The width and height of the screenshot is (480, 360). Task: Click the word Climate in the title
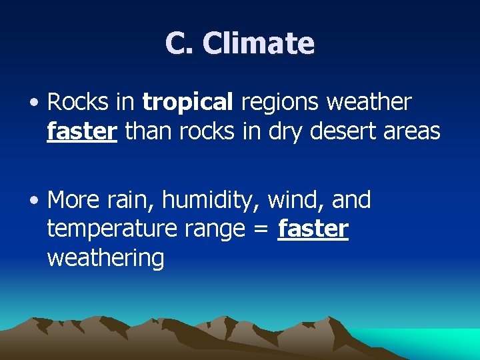pyautogui.click(x=258, y=43)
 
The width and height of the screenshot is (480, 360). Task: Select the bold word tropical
pyautogui.click(x=187, y=102)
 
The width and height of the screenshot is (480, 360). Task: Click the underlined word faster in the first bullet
pyautogui.click(x=82, y=131)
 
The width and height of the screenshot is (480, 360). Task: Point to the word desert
pyautogui.click(x=345, y=131)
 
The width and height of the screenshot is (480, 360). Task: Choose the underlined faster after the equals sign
pyautogui.click(x=313, y=228)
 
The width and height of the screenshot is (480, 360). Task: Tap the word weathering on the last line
pyautogui.click(x=105, y=258)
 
